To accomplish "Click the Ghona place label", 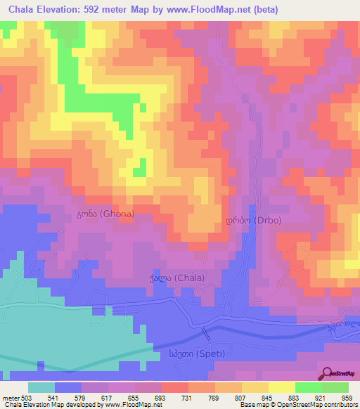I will tap(110, 214).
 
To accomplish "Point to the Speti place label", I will tap(197, 353).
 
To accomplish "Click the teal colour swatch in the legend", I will tap(41, 387).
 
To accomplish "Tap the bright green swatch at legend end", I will tap(335, 387).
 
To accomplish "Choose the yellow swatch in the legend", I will tap(282, 387).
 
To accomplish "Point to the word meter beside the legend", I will tap(10, 398).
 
